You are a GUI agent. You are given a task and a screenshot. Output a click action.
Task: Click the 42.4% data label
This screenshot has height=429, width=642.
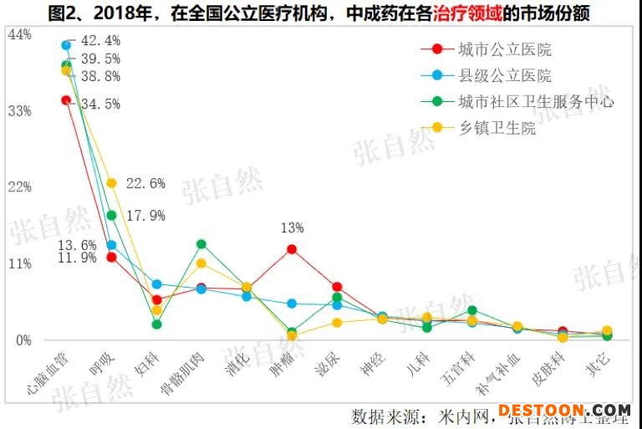click(x=100, y=40)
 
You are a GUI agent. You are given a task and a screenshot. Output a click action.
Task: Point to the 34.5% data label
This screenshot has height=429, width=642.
click(x=100, y=105)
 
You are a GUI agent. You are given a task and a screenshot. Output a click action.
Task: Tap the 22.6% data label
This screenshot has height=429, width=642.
click(x=145, y=184)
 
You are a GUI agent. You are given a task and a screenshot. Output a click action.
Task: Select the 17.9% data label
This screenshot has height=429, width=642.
click(x=145, y=216)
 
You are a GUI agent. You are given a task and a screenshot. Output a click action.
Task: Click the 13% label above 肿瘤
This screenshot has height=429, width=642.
click(x=292, y=227)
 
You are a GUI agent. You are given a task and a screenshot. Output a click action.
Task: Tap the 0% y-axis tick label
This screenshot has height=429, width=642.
click(x=22, y=340)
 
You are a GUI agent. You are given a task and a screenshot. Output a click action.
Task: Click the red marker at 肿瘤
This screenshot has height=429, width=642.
click(x=292, y=249)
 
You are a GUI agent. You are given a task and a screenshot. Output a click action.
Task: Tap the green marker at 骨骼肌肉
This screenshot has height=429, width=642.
click(x=201, y=244)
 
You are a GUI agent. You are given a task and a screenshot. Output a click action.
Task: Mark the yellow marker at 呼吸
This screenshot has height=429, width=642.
click(x=111, y=183)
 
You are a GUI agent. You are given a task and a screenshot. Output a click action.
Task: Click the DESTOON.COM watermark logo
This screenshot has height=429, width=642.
click(x=564, y=411)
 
